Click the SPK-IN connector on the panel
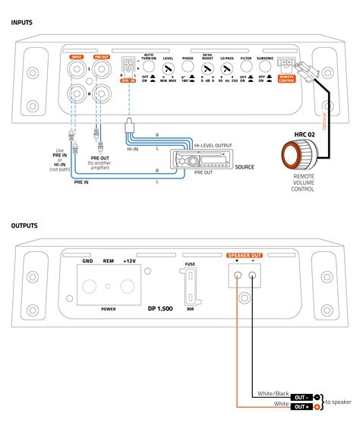tap(128, 66)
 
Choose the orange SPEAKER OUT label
tap(247, 255)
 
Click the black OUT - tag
tap(301, 397)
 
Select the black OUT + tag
tap(301, 407)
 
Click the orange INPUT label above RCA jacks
tap(77, 56)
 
